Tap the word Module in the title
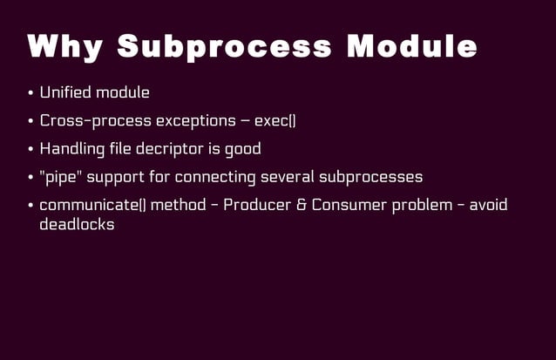pos(411,47)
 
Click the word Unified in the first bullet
pos(65,92)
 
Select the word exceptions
pos(195,120)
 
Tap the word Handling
pos(72,148)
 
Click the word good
pos(242,149)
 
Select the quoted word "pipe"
pos(57,177)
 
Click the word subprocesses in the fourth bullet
pos(371,177)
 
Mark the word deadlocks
pos(77,224)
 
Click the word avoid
pos(488,205)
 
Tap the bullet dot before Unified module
pos(31,93)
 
